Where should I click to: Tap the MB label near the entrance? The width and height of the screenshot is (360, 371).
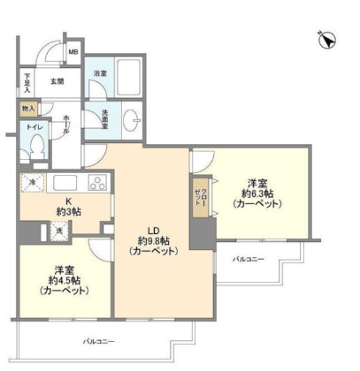coord(73,51)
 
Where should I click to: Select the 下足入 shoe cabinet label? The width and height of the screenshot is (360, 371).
coord(28,84)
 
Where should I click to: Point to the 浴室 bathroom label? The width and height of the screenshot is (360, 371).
coord(102,74)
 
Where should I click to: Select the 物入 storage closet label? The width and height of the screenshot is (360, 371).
coord(29,109)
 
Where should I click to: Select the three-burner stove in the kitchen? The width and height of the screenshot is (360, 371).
coord(96,183)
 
